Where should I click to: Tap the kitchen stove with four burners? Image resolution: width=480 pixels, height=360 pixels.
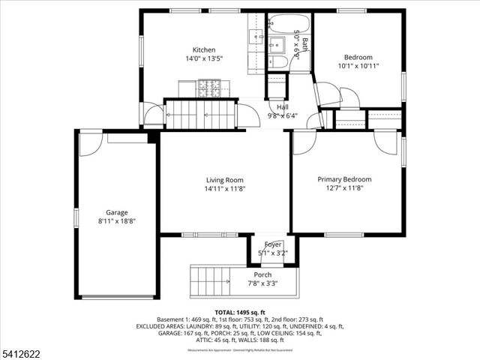point(210,88)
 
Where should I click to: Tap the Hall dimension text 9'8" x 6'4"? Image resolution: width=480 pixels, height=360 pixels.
point(282,115)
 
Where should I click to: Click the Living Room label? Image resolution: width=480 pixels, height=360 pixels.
point(225,180)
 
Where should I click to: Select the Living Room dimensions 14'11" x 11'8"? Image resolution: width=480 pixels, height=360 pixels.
point(225,189)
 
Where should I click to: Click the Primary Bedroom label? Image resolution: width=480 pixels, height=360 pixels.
point(344,179)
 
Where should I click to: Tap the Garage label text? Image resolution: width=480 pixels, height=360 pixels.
point(116,212)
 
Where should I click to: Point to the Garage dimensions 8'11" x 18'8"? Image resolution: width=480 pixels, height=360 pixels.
point(116,221)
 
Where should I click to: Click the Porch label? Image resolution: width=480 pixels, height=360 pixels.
point(262,275)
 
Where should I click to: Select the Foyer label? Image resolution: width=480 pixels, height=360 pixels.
point(272,244)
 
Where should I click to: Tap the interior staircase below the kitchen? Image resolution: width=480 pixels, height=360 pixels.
point(201,115)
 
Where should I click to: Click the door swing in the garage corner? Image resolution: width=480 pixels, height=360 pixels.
point(90,144)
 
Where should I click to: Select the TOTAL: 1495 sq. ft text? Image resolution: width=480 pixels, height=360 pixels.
point(239,311)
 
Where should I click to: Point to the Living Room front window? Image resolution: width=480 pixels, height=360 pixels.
point(210,235)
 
